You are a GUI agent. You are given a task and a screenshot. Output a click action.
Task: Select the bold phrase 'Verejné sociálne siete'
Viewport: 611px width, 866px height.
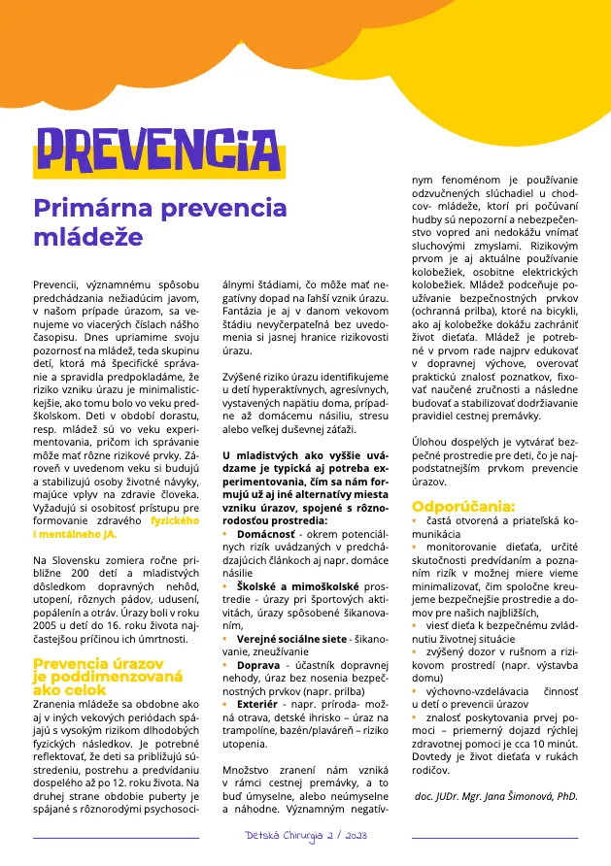pyautogui.click(x=291, y=638)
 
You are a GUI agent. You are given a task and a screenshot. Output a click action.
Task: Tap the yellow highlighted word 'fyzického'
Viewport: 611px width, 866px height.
pyautogui.click(x=175, y=521)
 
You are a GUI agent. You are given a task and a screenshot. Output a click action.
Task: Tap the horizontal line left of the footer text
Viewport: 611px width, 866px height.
pyautogui.click(x=116, y=836)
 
